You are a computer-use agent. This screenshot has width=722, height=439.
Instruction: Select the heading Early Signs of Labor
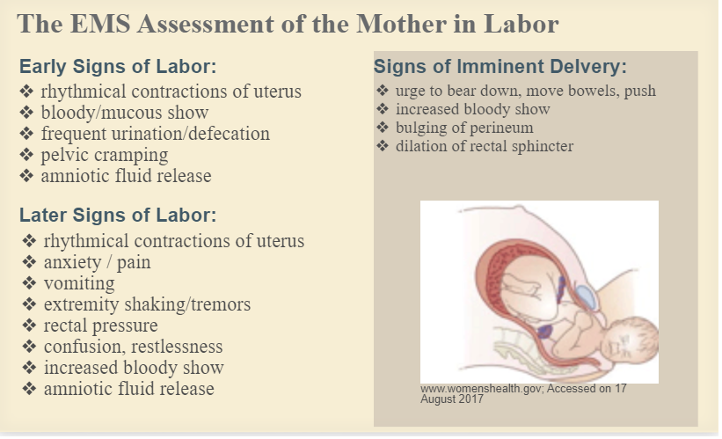tap(118, 66)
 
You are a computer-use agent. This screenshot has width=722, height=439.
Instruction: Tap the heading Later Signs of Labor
tap(118, 216)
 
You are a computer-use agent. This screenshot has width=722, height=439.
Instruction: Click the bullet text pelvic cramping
tap(105, 155)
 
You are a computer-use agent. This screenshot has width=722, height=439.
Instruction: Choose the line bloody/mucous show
tap(125, 113)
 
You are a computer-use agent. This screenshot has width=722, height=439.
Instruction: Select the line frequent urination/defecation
tap(155, 134)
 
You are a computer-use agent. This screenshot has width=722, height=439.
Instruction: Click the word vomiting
tap(79, 283)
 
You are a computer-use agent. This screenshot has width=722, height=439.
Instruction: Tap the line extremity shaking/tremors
tap(148, 304)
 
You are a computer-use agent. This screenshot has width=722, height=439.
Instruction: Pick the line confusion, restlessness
tap(133, 347)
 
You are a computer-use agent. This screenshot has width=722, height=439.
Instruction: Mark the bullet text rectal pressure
tap(101, 326)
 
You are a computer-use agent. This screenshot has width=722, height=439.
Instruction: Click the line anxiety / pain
tap(97, 262)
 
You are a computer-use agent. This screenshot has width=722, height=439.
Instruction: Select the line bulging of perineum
tap(464, 128)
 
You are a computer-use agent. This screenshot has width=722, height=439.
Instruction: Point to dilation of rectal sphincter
tap(485, 146)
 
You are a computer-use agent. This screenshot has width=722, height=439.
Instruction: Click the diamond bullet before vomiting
tap(29, 282)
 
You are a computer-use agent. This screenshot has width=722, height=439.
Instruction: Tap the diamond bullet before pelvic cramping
tap(26, 154)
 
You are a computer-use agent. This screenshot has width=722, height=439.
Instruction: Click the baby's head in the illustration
tap(630, 340)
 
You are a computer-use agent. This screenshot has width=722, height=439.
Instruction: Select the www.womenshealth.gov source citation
tap(523, 394)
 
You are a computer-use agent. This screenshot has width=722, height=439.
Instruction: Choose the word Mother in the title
tap(401, 24)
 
